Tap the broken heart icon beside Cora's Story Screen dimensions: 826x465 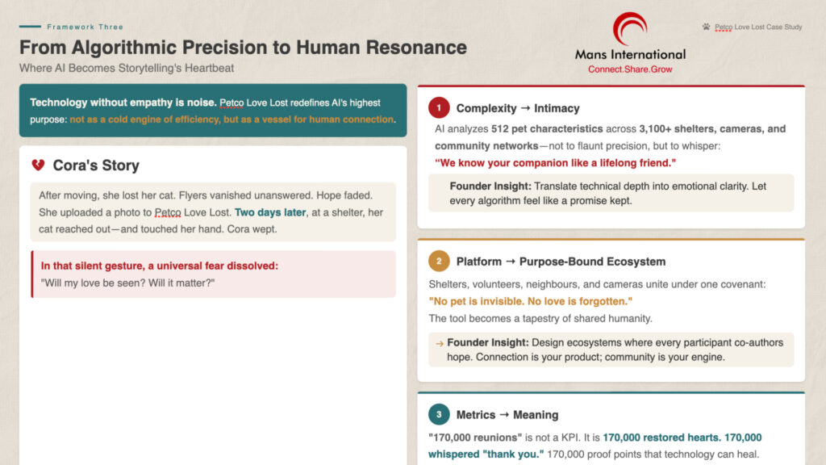pos(38,165)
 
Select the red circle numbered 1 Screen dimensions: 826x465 pos(439,107)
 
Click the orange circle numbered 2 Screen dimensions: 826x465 pos(439,261)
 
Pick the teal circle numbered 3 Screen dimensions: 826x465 pos(439,414)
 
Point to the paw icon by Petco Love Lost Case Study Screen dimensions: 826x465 pos(706,27)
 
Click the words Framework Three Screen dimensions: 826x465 pos(85,27)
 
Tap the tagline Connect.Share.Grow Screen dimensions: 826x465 pos(630,69)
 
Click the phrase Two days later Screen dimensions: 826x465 pos(270,212)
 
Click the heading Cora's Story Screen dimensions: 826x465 pos(96,165)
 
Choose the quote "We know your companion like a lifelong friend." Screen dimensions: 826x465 pos(555,163)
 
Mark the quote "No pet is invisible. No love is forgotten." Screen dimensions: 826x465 pos(531,301)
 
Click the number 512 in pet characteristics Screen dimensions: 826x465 pos(500,128)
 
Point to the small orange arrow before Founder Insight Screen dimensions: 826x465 pos(440,344)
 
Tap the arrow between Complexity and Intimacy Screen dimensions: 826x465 pos(525,108)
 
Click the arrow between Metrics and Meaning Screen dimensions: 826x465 pos(504,415)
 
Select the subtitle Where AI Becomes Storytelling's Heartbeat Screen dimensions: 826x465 pos(127,68)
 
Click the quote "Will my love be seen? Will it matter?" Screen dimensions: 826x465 pos(128,283)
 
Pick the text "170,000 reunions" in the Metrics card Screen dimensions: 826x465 pos(475,438)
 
